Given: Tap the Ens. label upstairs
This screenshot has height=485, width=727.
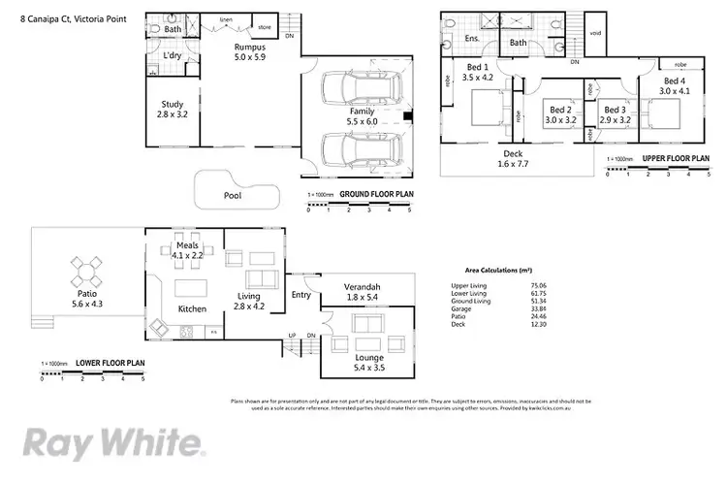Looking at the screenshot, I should (473, 39).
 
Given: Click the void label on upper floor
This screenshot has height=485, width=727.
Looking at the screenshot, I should (595, 34).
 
